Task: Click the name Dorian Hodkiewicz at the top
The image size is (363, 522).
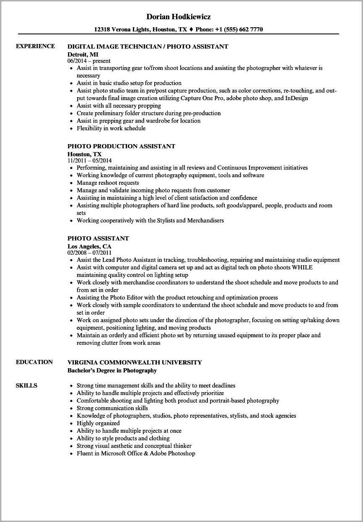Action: [x=179, y=17]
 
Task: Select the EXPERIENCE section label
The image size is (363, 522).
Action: [x=35, y=46]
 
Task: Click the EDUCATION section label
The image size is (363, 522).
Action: [x=34, y=362]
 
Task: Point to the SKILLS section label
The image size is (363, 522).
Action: [x=26, y=385]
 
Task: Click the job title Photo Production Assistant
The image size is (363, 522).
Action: [x=121, y=146]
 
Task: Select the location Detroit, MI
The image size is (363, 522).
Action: [x=83, y=54]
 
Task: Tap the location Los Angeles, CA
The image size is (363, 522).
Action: [x=89, y=246]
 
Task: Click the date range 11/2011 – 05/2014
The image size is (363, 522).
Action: [x=89, y=160]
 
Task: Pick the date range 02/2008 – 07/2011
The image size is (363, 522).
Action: [x=89, y=252]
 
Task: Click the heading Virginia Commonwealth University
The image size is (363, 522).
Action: [x=135, y=362]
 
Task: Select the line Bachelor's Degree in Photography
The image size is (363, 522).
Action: [x=112, y=370]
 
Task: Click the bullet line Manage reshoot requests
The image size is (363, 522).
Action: [x=108, y=183]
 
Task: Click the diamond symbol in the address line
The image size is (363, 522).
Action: [x=190, y=29]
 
